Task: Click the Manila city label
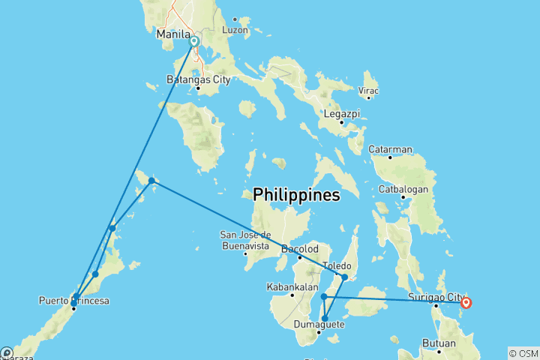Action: (172, 34)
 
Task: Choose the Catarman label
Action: (390, 148)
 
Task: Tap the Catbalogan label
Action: (403, 189)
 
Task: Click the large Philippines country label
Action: (296, 195)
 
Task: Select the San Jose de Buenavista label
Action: (245, 239)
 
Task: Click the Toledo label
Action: (336, 265)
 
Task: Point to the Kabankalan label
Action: (291, 286)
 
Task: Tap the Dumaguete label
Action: (319, 325)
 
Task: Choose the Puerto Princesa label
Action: (73, 301)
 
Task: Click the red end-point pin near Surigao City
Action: (466, 302)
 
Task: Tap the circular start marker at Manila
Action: (193, 42)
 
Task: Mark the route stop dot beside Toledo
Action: (344, 277)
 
